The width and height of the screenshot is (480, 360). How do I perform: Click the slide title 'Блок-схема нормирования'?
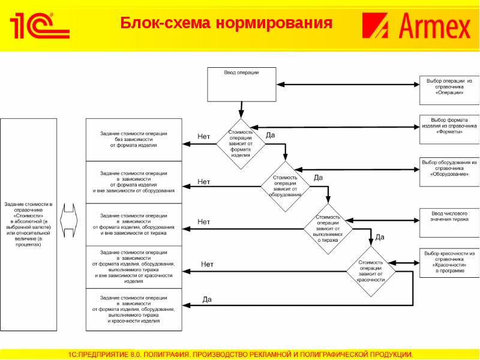coord(226,24)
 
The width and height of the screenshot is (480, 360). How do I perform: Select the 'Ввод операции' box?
coord(241,84)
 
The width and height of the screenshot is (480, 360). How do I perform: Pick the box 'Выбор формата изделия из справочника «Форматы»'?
coord(449,127)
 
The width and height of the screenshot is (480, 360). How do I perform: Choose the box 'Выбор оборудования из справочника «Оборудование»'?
coord(449,169)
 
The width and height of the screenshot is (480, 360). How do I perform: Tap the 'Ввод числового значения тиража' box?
coord(449,217)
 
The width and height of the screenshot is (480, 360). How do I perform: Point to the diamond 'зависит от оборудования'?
coord(285,186)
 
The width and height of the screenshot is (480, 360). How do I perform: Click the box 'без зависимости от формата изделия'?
coord(133,139)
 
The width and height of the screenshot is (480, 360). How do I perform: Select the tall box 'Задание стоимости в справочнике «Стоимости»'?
coord(29,224)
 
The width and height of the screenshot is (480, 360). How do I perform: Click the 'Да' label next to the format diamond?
coord(270,136)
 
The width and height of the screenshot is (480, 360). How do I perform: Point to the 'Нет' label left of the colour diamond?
coord(207,264)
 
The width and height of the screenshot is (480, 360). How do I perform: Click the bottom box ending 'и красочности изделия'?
coord(133,310)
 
